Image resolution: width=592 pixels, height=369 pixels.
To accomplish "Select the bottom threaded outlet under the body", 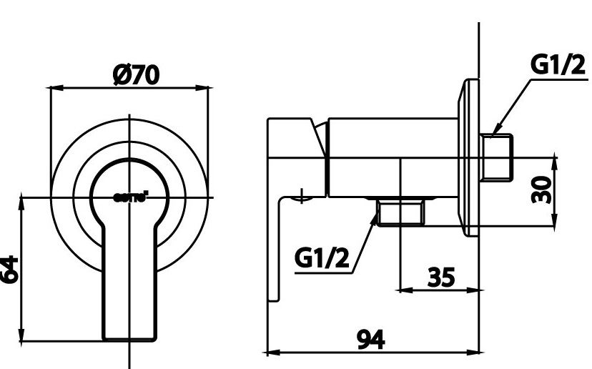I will point(401,212).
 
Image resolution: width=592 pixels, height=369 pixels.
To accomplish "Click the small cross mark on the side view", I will point(303,195).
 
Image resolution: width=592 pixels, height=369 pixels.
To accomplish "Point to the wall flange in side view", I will point(470,157).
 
